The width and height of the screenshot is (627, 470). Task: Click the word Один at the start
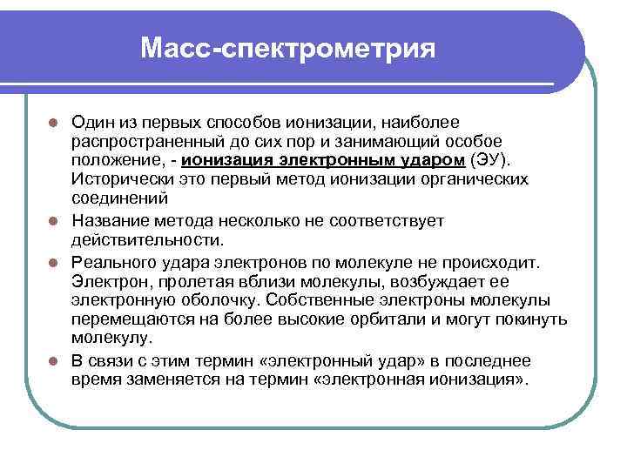(91, 123)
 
